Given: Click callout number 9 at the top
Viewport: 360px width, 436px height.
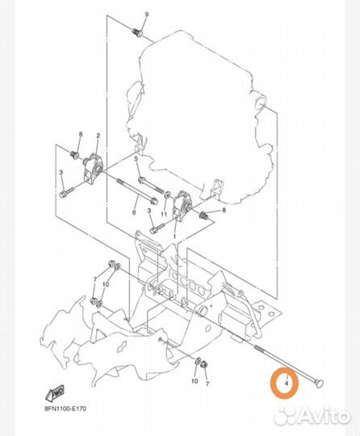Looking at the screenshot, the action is (147, 15).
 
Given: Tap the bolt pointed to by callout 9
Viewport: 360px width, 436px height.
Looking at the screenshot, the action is (136, 31).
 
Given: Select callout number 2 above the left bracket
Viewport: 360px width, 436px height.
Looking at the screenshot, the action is (98, 136).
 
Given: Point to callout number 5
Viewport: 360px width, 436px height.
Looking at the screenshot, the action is (136, 159).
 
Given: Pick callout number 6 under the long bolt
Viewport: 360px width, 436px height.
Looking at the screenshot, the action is (134, 212).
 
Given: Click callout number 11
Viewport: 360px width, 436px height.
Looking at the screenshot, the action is (164, 214).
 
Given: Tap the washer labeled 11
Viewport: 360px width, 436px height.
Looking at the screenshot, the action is (166, 194).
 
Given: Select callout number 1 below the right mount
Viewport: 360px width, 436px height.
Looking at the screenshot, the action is (174, 237).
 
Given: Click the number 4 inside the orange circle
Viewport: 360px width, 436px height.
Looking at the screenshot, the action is (287, 384).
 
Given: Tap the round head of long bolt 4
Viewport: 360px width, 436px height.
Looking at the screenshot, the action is (320, 384).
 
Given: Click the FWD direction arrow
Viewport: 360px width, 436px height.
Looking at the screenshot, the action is (55, 393).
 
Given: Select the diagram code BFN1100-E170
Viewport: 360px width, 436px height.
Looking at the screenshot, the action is (65, 409).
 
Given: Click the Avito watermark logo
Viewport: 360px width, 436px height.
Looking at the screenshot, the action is (312, 417).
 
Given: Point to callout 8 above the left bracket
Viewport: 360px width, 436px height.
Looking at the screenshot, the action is (81, 134).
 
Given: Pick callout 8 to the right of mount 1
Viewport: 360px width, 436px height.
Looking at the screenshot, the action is (224, 210).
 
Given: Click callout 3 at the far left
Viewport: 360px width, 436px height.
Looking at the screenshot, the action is (61, 173).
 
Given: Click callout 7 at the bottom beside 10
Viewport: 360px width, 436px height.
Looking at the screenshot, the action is (207, 384).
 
